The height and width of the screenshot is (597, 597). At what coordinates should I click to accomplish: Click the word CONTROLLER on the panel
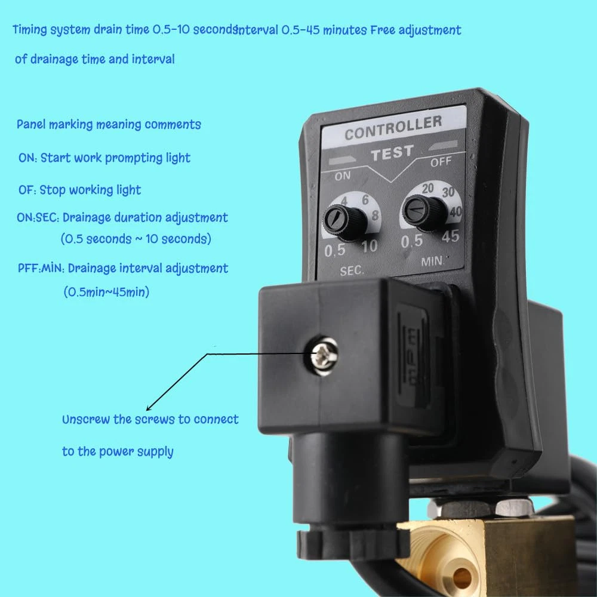point(393,127)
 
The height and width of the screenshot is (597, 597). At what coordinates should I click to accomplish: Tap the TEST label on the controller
point(393,153)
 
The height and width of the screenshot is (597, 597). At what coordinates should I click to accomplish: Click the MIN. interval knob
point(424,212)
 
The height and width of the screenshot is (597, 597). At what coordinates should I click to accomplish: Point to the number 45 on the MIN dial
point(450,236)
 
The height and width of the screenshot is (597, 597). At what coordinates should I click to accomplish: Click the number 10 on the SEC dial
point(370,247)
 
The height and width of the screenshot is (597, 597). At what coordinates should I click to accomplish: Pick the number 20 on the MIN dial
point(427,188)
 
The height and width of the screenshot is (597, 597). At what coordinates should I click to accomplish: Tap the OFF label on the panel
point(441,162)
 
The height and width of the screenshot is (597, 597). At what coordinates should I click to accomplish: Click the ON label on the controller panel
point(342,176)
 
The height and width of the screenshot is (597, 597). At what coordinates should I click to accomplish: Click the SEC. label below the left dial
point(352,270)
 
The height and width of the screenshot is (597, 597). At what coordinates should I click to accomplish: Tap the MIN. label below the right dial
point(433,261)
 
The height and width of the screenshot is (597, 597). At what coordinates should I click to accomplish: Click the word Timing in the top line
point(30,30)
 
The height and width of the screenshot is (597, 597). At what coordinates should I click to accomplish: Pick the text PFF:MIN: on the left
point(41,269)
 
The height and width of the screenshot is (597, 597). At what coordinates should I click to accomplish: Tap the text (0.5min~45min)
point(106,292)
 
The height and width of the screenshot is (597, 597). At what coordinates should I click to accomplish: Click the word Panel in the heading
point(31,125)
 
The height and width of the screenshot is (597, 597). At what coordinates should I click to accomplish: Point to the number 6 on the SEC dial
point(365,199)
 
